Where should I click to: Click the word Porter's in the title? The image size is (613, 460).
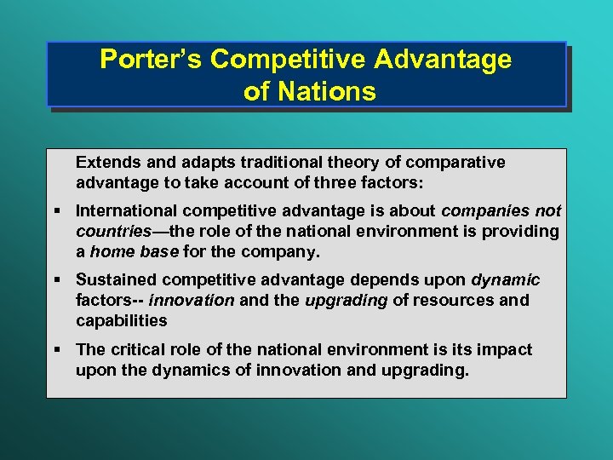[151, 60]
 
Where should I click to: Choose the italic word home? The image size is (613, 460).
[112, 251]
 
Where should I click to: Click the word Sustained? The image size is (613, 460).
[116, 280]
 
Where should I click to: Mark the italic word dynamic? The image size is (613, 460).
[506, 280]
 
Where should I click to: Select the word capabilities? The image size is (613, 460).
[122, 320]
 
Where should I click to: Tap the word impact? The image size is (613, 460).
[505, 349]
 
